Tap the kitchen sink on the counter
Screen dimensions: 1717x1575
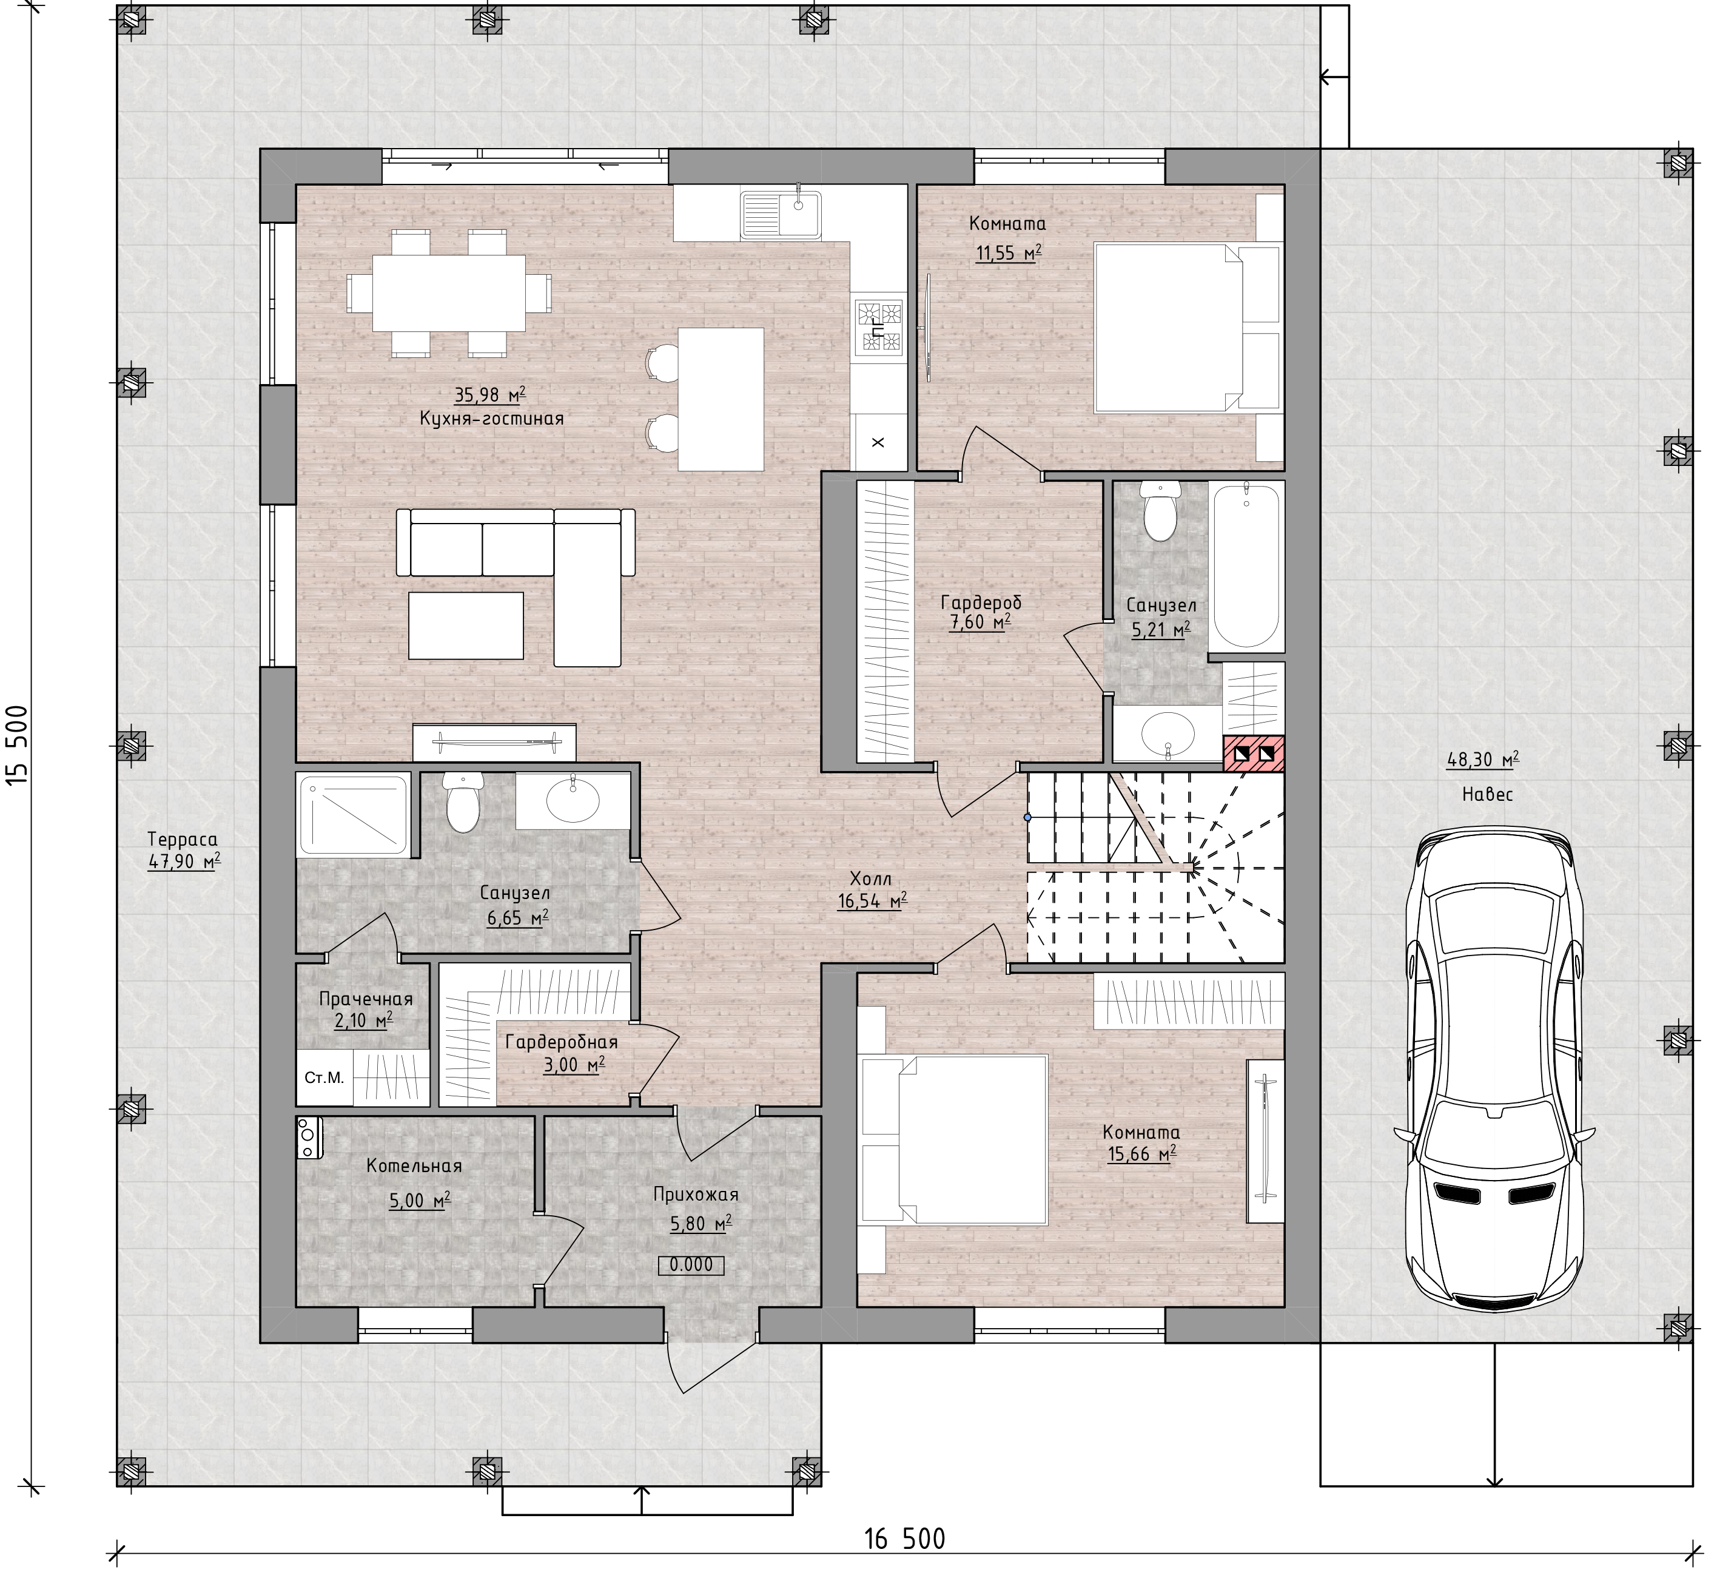tap(781, 212)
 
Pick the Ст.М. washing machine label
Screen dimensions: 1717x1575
tap(324, 1078)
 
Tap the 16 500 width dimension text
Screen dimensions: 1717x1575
tap(904, 1539)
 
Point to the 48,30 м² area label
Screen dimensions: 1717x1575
tap(1483, 760)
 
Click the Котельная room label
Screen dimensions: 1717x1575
tap(414, 1166)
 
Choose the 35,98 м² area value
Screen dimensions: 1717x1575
tap(490, 394)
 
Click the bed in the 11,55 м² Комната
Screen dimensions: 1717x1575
tap(1187, 328)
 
